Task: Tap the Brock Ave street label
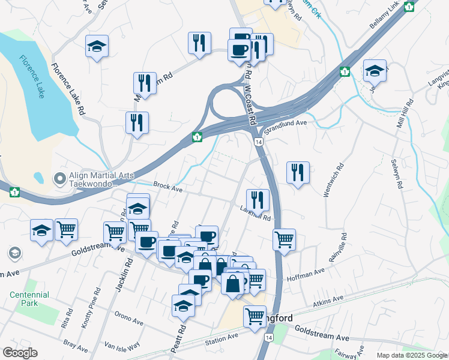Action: [x=167, y=188]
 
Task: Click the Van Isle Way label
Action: [x=122, y=346]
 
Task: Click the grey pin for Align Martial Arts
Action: [x=59, y=178]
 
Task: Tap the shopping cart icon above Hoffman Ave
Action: [x=284, y=239]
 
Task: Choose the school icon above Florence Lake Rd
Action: [x=96, y=46]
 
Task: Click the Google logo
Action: [x=20, y=353]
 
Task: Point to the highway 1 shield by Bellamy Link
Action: [x=409, y=7]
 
